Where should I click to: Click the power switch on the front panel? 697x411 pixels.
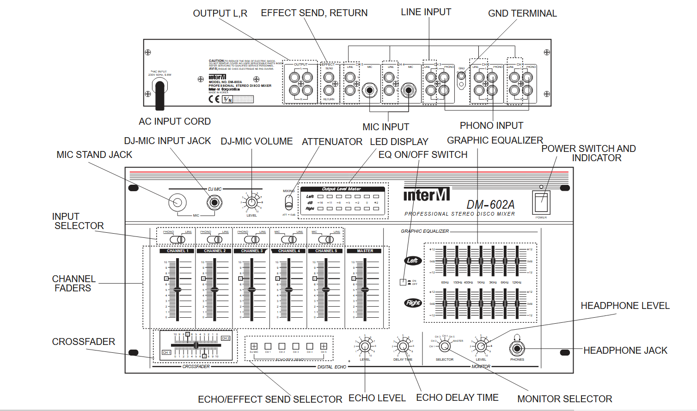point(541,202)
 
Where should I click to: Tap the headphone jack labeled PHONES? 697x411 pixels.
point(517,349)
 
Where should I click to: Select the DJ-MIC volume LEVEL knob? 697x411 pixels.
point(251,202)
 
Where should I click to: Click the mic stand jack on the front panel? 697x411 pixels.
point(177,202)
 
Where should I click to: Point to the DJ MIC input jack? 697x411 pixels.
point(214,202)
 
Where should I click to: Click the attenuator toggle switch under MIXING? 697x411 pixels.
point(289,202)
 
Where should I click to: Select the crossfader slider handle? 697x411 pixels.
point(196,345)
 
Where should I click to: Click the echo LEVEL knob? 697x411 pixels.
point(365,346)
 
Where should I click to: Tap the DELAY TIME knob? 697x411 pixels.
point(403,346)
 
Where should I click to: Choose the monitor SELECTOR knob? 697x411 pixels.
point(445,346)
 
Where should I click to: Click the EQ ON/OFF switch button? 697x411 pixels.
point(403,282)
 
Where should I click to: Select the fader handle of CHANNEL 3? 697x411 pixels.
point(252,290)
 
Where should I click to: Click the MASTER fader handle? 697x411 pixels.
point(365,290)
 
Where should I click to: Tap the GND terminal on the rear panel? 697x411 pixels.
point(461,80)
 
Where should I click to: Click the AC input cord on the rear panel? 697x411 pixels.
point(160,94)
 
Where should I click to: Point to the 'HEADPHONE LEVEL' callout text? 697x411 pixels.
point(625,306)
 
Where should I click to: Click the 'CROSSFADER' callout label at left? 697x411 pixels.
point(83,342)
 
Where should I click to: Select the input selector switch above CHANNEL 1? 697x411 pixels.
point(177,239)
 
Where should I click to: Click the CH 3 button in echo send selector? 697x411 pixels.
point(296,346)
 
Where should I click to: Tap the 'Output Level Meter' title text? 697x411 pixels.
point(342,189)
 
